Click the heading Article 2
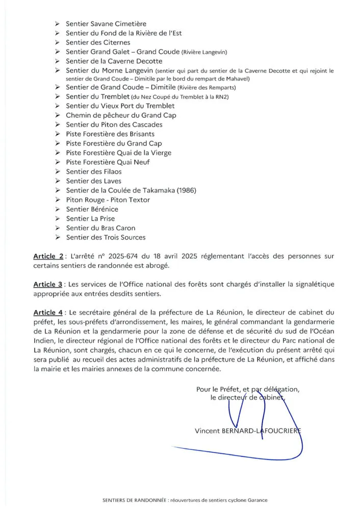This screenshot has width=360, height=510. (48, 256)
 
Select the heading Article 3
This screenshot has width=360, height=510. (48, 284)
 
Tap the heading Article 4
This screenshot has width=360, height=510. (48, 312)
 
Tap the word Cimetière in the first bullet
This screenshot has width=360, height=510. (129, 24)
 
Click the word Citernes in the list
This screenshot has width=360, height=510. (115, 42)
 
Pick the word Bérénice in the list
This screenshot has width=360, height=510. (104, 209)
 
